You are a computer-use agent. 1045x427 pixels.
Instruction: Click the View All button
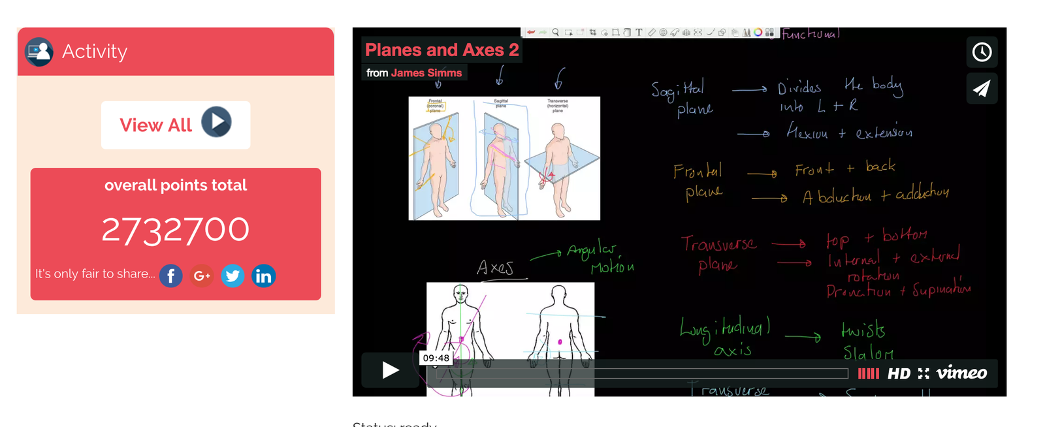tap(175, 124)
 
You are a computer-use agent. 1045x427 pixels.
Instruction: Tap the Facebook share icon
tap(171, 276)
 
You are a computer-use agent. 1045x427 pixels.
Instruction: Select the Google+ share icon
tap(202, 276)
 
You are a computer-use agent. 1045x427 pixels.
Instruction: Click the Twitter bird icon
tap(233, 276)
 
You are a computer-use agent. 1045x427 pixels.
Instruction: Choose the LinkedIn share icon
tap(263, 276)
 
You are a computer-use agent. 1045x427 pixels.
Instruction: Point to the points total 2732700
tap(175, 230)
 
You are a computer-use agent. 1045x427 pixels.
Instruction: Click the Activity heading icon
tap(39, 52)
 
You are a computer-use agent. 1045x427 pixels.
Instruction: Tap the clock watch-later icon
tap(982, 52)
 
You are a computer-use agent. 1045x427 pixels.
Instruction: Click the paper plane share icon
tap(982, 88)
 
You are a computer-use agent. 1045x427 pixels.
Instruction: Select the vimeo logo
tap(961, 373)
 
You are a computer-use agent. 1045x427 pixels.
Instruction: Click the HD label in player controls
tap(899, 373)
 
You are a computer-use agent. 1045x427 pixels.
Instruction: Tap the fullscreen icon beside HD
tap(924, 373)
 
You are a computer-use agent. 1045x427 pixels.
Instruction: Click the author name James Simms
tap(426, 73)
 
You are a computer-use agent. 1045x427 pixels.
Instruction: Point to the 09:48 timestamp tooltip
tap(436, 358)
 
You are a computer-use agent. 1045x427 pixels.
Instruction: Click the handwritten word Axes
tap(495, 268)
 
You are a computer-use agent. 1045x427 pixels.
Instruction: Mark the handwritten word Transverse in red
tap(718, 244)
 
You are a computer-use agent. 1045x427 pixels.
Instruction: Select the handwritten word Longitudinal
tap(725, 328)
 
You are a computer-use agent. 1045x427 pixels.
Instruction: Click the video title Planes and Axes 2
tap(442, 50)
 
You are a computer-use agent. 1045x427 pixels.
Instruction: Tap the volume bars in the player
tap(868, 373)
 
